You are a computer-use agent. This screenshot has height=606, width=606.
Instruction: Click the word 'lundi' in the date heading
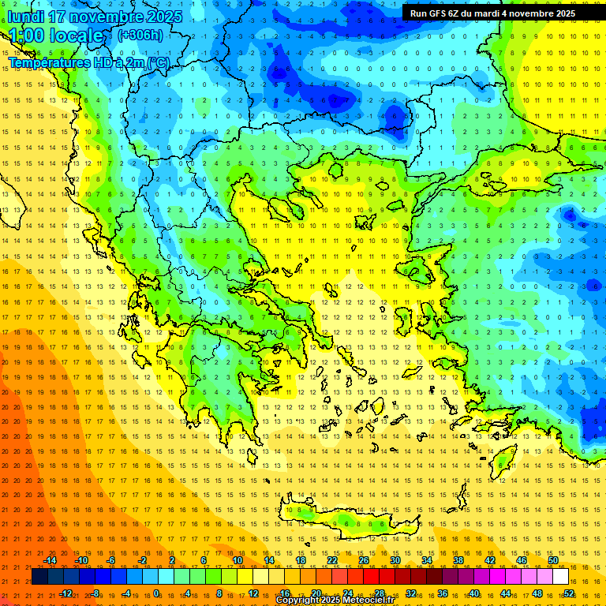(26, 17)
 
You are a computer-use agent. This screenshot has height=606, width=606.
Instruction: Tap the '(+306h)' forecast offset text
(140, 35)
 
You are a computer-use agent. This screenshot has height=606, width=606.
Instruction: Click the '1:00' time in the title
(26, 36)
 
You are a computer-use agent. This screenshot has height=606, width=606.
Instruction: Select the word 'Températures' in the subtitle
(47, 62)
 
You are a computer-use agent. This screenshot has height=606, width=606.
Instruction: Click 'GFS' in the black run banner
(438, 13)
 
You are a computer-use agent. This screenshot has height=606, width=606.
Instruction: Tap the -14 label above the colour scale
(50, 561)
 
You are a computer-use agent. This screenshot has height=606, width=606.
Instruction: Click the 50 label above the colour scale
(553, 561)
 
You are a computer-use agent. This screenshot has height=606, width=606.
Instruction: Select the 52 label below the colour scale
(569, 593)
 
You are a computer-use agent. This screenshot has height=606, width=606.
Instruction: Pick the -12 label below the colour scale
(65, 593)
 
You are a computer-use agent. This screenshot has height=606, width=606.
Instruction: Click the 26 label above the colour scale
(364, 561)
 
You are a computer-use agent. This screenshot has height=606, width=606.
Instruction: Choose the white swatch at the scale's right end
(561, 577)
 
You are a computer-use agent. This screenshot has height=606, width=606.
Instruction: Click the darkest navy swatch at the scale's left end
(39, 577)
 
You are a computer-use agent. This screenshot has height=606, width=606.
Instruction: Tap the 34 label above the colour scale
(427, 561)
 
